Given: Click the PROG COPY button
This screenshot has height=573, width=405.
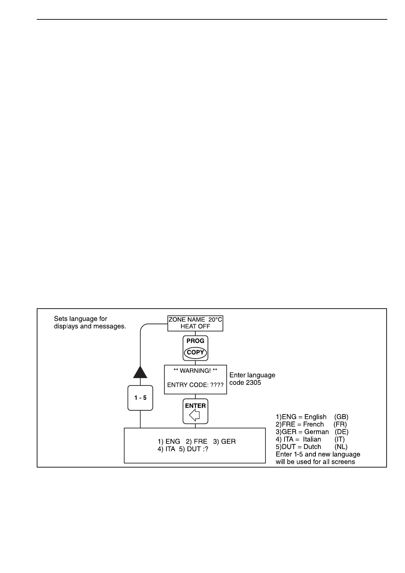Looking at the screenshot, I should coord(195,348).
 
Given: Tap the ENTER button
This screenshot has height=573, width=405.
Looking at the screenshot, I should coord(195,411).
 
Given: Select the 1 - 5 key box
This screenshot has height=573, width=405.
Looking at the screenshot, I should coord(140,397).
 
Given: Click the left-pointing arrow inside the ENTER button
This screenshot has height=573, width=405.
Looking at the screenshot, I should coord(194,415).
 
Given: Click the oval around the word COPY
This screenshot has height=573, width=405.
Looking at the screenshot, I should coord(195,353).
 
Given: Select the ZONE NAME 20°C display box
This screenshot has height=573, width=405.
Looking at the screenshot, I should coord(195,323).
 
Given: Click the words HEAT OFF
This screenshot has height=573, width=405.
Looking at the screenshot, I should coord(195,326).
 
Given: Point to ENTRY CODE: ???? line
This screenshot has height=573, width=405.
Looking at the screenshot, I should coord(195,385).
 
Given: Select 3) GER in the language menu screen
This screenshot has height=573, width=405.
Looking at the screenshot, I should coord(224,441).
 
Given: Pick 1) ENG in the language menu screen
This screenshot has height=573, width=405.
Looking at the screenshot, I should coord(169,441).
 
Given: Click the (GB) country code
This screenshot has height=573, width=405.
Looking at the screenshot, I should coord(341,417).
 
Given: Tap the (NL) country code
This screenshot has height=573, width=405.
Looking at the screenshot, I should coord(341,447).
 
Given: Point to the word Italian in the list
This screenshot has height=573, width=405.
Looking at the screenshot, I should coord(312,439).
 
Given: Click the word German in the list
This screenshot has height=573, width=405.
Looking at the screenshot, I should coord(317,432).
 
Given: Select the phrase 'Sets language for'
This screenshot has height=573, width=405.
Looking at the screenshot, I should coord(81,319).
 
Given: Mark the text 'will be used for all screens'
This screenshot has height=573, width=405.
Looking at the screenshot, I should coord(315,462).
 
